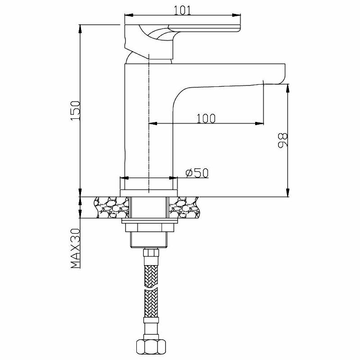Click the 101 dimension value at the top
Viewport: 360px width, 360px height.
(182, 10)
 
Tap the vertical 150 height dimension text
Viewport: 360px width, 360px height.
(76, 111)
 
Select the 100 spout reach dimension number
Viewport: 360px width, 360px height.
(206, 118)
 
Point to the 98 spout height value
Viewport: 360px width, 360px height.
(283, 140)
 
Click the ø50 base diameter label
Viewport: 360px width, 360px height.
(197, 173)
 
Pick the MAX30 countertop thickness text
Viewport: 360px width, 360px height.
(76, 248)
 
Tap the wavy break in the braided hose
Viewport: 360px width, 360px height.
(151, 288)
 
